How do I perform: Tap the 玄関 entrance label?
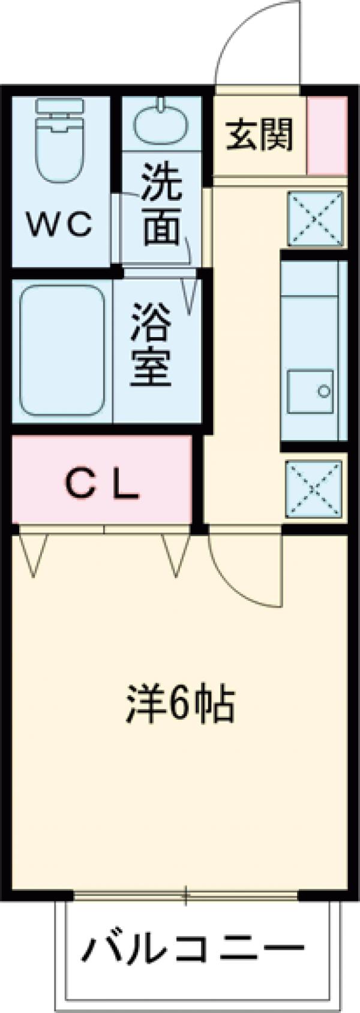coord(260,134)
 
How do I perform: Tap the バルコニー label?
coord(193,949)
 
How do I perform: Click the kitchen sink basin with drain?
coord(310,391)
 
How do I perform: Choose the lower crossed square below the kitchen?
coord(314,488)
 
